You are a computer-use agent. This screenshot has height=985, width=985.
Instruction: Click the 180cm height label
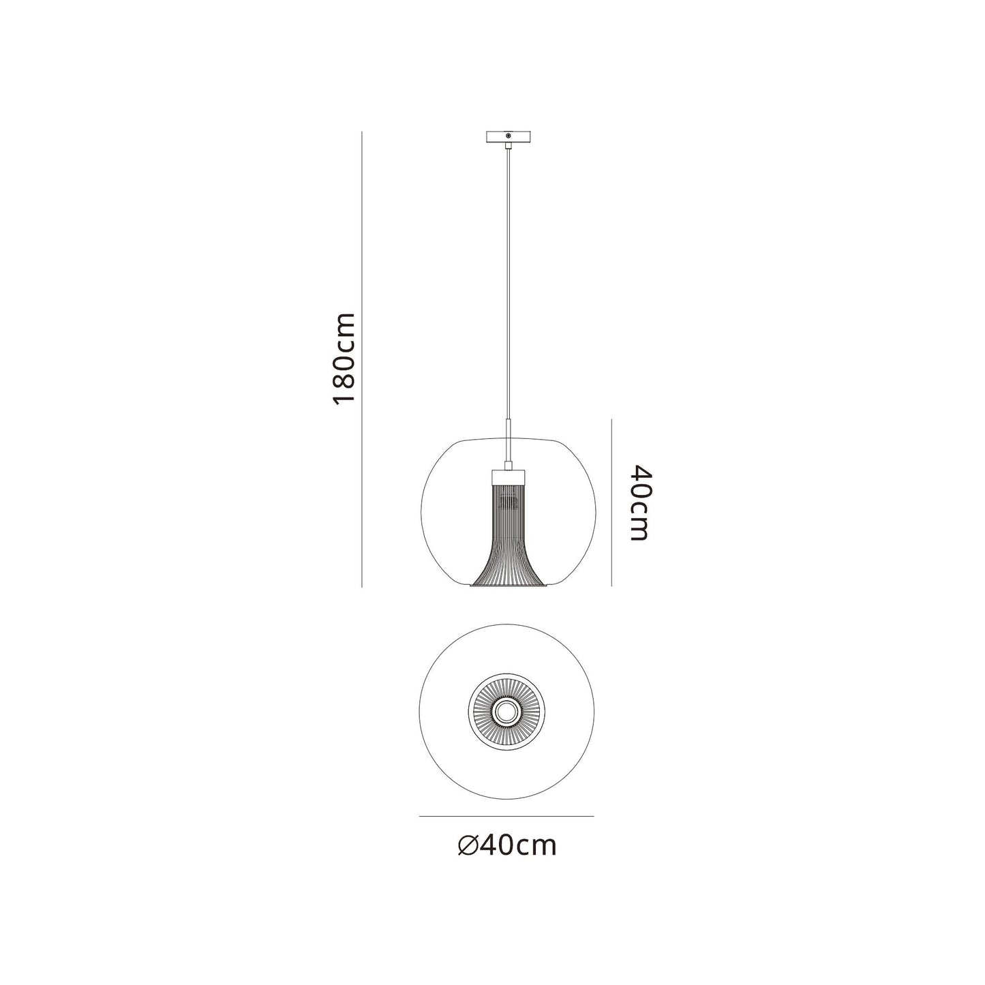click(343, 359)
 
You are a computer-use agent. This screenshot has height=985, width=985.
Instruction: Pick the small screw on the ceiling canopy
click(508, 136)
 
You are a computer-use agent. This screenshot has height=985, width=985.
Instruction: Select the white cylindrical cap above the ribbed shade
click(507, 477)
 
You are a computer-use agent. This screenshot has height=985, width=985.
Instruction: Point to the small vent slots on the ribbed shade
click(508, 504)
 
